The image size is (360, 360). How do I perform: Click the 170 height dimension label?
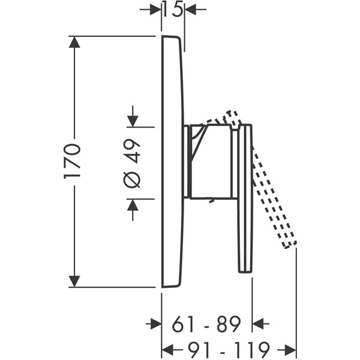click(72, 161)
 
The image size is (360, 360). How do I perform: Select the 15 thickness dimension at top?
click(173, 9)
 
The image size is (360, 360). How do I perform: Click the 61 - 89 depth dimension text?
click(206, 324)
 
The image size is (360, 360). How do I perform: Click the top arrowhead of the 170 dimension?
click(74, 42)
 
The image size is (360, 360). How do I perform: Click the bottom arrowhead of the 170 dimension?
click(74, 281)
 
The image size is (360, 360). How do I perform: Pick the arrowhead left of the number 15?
click(155, 9)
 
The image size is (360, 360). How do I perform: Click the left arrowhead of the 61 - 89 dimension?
click(155, 324)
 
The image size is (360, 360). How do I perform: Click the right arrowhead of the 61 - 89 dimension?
click(259, 324)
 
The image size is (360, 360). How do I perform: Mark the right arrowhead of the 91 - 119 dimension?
click(290, 349)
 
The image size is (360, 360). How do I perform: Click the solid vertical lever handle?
click(245, 198)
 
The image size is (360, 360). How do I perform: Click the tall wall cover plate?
click(172, 162)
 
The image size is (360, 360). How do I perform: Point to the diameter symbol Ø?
click(133, 179)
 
